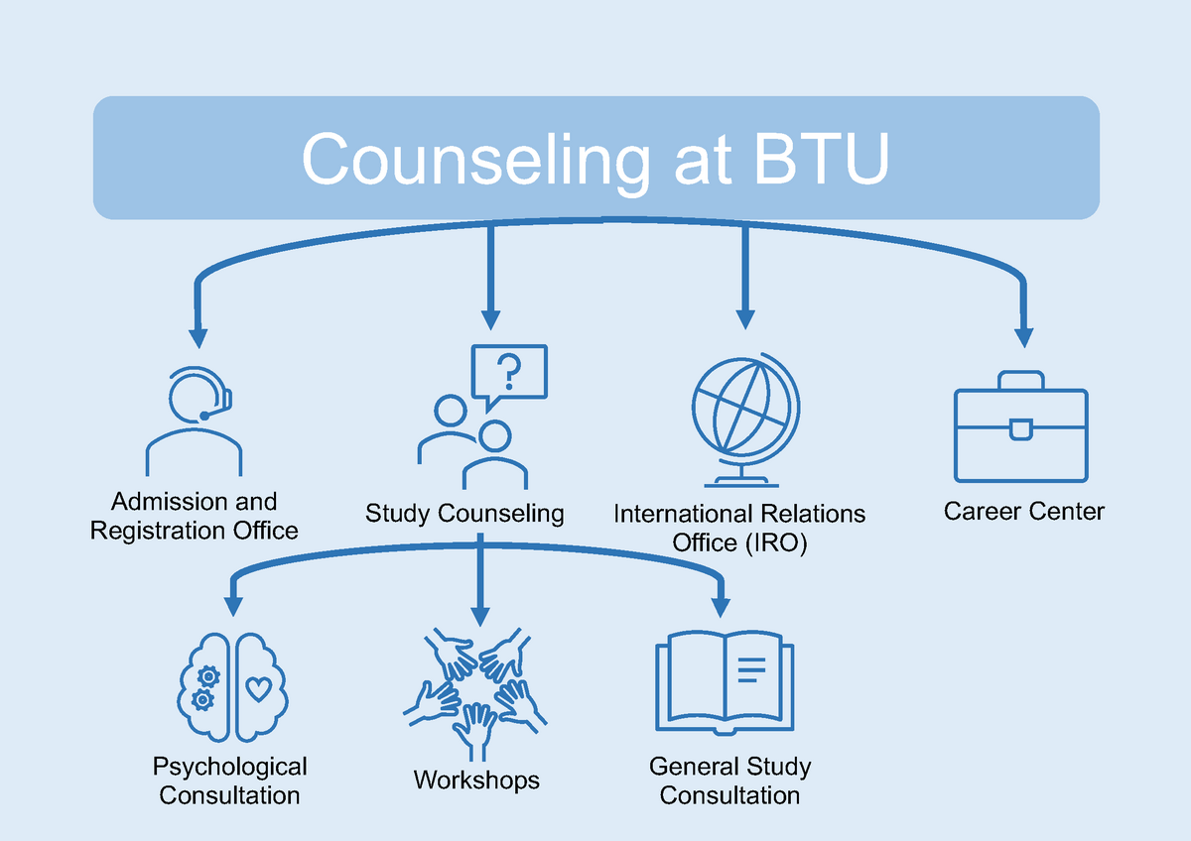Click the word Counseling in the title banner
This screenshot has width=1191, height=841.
(x=472, y=159)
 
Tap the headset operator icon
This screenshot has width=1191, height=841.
(x=195, y=421)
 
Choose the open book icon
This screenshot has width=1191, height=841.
(x=725, y=684)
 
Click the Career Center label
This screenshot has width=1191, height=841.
(x=1024, y=512)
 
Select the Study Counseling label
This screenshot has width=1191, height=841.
(x=464, y=514)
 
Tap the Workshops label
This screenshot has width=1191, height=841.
(x=476, y=781)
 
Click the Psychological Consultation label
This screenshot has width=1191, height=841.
(x=230, y=781)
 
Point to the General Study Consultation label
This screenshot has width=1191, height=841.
(x=729, y=781)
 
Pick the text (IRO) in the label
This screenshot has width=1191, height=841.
(x=774, y=542)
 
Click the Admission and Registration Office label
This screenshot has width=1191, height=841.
(x=195, y=516)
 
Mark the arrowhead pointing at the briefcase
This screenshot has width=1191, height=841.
(x=1023, y=337)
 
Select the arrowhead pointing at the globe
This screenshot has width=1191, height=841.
(x=743, y=318)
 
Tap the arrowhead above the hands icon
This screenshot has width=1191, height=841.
(x=480, y=612)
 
